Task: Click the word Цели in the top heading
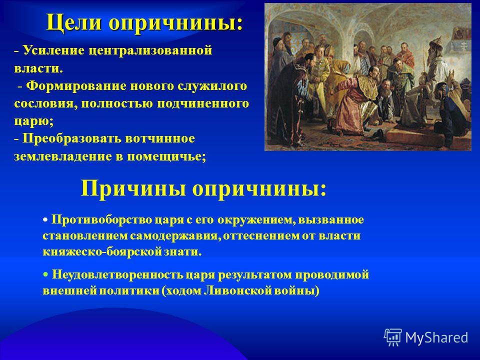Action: [x=74, y=22]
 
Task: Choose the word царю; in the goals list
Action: [x=33, y=121]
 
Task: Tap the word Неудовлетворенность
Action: [x=117, y=274]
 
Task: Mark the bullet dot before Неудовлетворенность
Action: [x=45, y=274]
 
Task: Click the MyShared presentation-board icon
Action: [x=392, y=337]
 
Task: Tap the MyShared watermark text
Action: [x=436, y=337]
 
